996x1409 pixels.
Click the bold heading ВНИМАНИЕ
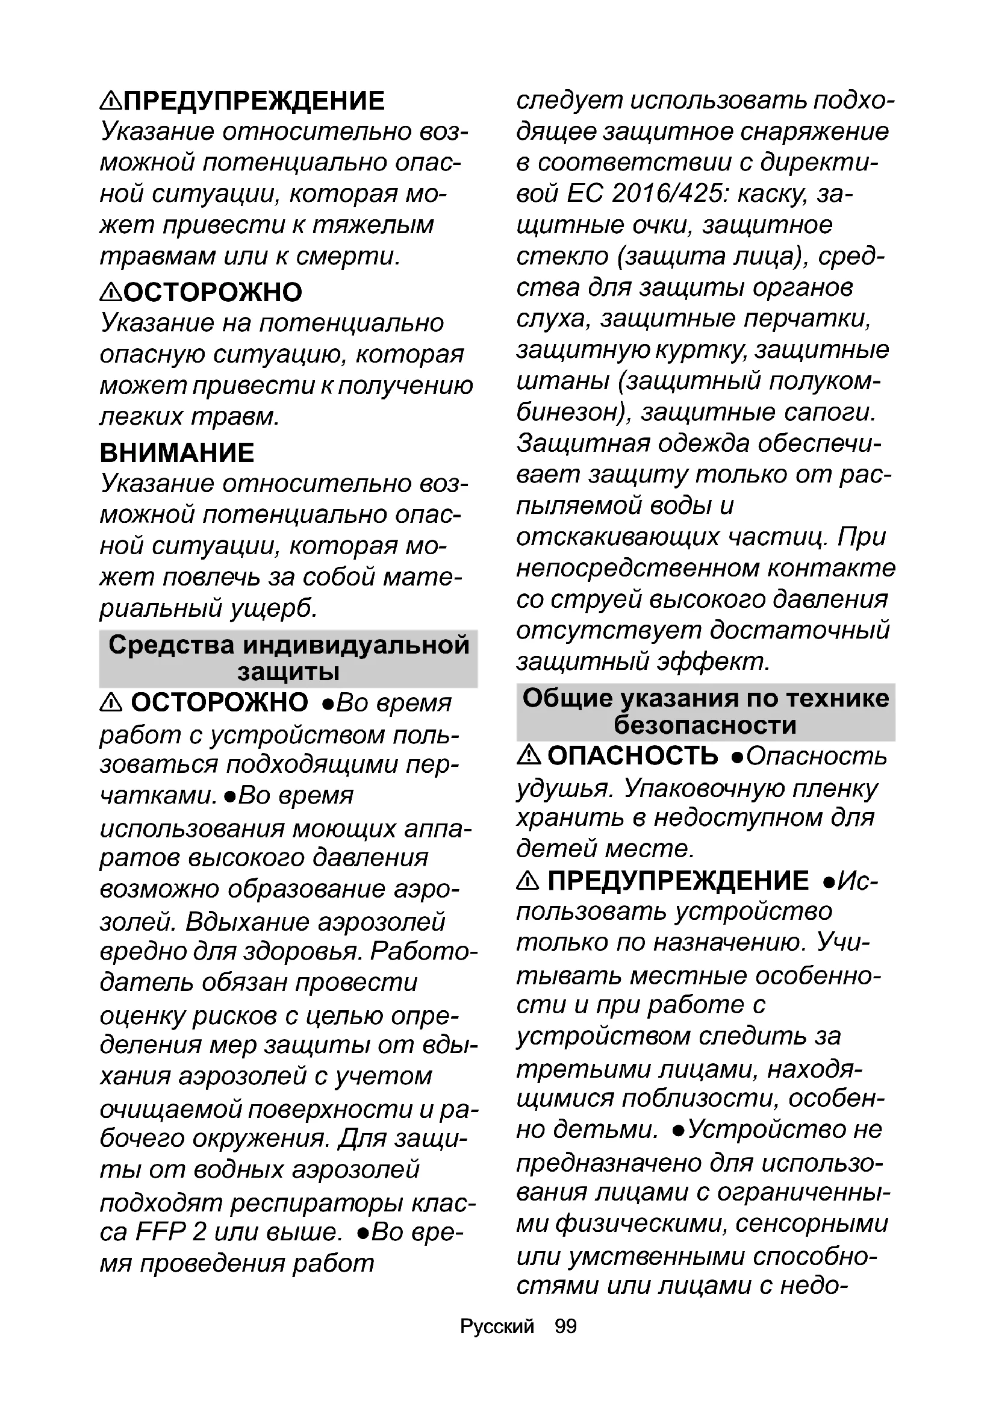176,453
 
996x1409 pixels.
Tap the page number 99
565,1326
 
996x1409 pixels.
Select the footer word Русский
497,1326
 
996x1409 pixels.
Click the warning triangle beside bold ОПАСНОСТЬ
528,756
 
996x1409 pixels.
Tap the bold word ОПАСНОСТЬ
632,756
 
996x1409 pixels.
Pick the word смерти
347,257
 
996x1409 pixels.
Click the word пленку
834,789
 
